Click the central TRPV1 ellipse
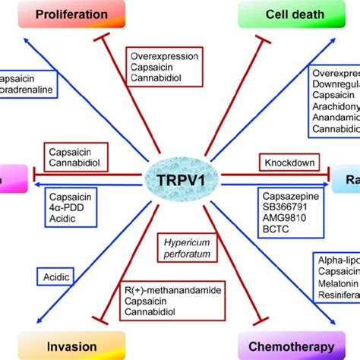[180, 179]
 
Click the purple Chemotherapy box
[286, 346]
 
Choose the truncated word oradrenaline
[29, 87]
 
